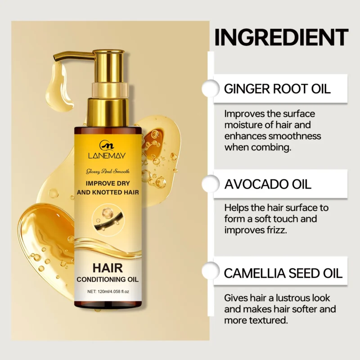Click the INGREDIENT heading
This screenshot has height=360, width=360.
pyautogui.click(x=281, y=37)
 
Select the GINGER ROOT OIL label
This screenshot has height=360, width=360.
pyautogui.click(x=277, y=88)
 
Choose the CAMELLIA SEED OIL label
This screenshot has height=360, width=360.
pyautogui.click(x=283, y=273)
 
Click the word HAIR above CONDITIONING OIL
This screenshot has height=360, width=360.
pyautogui.click(x=107, y=268)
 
